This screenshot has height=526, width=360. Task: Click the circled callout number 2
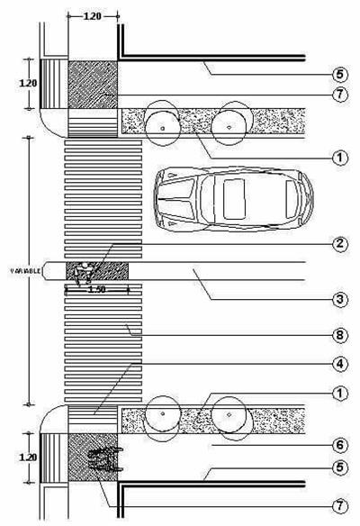[340, 243]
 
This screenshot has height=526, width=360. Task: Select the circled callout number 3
[340, 299]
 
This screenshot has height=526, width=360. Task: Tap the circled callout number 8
[340, 335]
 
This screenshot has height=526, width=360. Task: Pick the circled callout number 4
[340, 364]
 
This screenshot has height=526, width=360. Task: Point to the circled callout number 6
[340, 445]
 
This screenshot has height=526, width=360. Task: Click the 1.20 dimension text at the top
[92, 16]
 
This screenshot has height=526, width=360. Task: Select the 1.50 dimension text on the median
[97, 289]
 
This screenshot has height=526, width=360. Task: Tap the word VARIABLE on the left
[26, 270]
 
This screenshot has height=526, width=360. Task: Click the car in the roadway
[234, 199]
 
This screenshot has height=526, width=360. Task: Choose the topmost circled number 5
[340, 74]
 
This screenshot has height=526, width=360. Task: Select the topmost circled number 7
[340, 95]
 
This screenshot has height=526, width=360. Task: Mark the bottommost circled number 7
[340, 506]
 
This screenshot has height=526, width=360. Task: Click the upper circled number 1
[340, 158]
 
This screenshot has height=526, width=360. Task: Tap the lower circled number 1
[340, 394]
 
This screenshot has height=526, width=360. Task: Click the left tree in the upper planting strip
[163, 123]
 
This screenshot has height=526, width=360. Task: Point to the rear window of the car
[292, 199]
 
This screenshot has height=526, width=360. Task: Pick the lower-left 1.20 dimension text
[28, 457]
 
